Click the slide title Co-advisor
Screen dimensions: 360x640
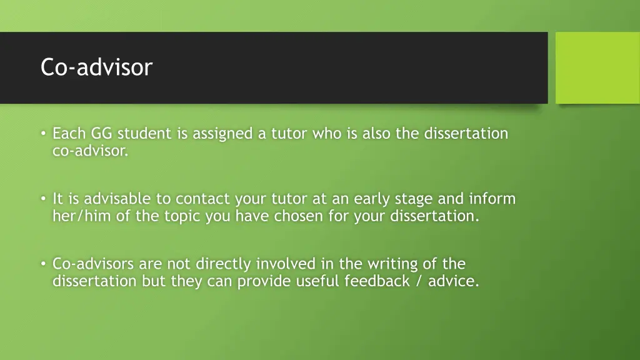[x=96, y=67]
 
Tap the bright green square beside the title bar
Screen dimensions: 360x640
[x=597, y=67]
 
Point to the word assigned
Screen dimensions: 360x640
[x=222, y=134]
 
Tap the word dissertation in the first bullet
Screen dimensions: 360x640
[x=466, y=134]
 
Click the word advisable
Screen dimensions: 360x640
[x=117, y=199]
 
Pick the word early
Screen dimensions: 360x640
[x=372, y=199]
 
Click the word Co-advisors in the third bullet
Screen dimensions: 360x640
[x=93, y=264]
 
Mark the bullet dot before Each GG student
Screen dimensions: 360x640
[x=43, y=134]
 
